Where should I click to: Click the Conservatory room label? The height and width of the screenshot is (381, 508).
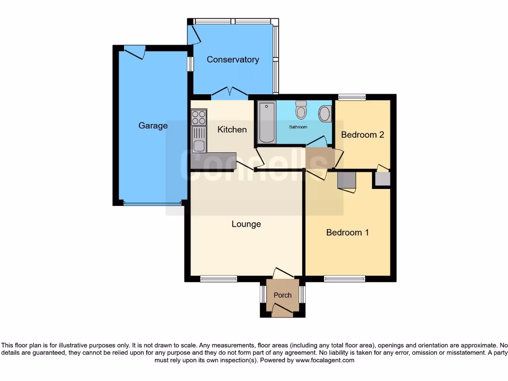click(233, 60)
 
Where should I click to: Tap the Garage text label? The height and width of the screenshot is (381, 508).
click(153, 126)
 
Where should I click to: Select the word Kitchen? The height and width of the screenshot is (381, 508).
click(232, 129)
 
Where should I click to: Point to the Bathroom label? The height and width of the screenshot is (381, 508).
click(298, 127)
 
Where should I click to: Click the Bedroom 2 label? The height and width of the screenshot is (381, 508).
click(363, 134)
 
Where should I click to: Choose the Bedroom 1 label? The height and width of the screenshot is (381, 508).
click(347, 232)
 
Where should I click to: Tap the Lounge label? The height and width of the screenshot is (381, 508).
click(246, 224)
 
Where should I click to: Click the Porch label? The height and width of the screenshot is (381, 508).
click(283, 295)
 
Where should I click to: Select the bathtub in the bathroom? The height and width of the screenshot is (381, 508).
click(266, 122)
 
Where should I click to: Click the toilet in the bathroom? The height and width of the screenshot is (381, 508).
click(301, 110)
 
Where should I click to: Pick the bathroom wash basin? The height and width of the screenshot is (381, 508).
click(325, 114)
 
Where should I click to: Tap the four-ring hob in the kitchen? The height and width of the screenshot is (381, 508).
click(198, 117)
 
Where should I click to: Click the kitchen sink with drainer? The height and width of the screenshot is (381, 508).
click(199, 139)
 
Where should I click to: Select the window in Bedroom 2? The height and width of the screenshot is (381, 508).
click(352, 97)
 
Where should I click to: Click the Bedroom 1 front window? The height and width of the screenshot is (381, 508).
click(345, 279)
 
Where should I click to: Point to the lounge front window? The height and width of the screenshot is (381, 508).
click(218, 279)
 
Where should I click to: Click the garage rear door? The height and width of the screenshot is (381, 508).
click(134, 51)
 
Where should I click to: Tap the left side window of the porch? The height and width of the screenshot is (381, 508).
click(262, 295)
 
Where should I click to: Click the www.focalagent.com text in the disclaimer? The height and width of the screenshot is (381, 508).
click(325, 360)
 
